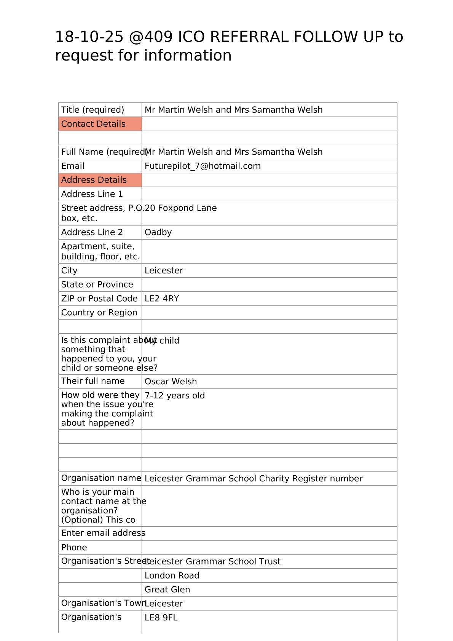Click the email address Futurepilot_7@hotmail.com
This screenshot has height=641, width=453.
point(203,166)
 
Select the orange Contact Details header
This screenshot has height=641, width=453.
point(94,124)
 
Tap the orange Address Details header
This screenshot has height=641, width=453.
point(94,180)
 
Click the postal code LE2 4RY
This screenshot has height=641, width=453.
point(162,299)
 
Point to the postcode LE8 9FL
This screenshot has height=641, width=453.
point(161,617)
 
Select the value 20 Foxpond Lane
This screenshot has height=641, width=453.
point(181,208)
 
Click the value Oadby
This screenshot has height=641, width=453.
point(158,232)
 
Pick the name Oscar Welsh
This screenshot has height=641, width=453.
point(171,382)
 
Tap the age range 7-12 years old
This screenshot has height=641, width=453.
point(175,396)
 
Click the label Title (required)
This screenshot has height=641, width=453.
point(93,110)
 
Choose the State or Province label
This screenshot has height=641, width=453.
point(97,285)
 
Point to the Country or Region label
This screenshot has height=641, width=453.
point(99,313)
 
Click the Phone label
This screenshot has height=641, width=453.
point(74,548)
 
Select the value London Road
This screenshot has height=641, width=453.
point(172,575)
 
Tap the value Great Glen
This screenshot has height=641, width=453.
point(167,590)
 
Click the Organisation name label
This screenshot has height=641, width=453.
point(101,478)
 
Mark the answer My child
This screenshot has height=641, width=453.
point(164,341)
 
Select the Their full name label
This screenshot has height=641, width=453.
point(93,381)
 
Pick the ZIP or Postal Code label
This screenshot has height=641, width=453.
point(99,299)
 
